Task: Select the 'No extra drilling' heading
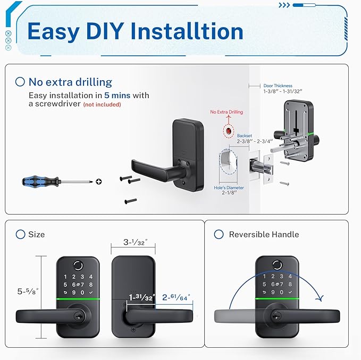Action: pyautogui.click(x=70, y=82)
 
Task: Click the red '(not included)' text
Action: pyautogui.click(x=102, y=105)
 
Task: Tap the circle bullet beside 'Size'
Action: pyautogui.click(x=20, y=234)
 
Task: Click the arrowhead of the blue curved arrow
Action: pyautogui.click(x=319, y=298)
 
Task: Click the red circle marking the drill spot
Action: pyautogui.click(x=229, y=130)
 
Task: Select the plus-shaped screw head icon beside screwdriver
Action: pyautogui.click(x=98, y=182)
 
